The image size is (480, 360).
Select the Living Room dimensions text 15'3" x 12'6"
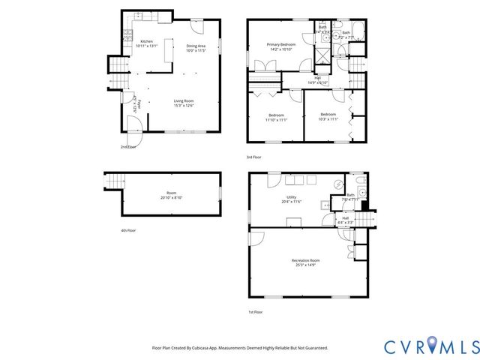tap(184, 106)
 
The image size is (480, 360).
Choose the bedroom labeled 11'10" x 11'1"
tap(276, 116)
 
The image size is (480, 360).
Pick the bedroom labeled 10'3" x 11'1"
tap(328, 116)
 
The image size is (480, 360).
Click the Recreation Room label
tap(310, 262)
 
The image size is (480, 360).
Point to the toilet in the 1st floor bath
tap(361, 184)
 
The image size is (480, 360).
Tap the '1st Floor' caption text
tap(256, 310)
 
